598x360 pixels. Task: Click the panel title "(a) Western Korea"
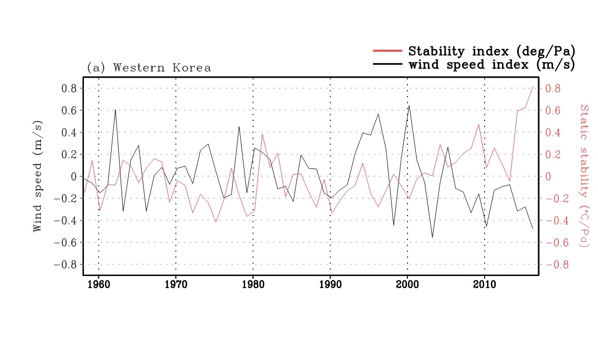(x=149, y=68)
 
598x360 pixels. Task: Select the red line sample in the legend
(x=387, y=50)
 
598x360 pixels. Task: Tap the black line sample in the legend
(x=387, y=64)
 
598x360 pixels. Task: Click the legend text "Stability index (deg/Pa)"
(x=492, y=51)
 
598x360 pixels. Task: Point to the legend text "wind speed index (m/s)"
(x=492, y=64)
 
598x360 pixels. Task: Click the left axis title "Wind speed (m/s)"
(x=38, y=176)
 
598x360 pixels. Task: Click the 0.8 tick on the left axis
(x=69, y=88)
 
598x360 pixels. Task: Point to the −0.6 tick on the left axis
(x=65, y=242)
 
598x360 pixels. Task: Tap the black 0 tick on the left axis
(x=74, y=177)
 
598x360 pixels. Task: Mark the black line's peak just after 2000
(x=409, y=105)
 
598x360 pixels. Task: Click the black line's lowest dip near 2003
(x=432, y=237)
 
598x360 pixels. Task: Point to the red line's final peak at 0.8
(x=532, y=87)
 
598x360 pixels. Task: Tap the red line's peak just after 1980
(x=262, y=134)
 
